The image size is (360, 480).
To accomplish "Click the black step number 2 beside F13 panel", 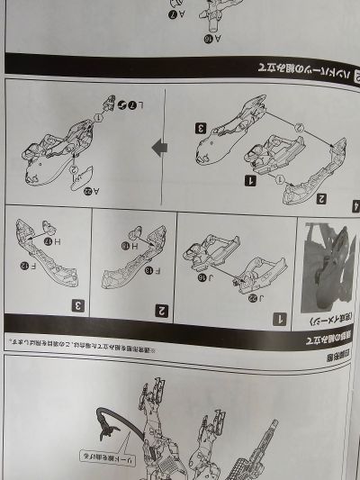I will point(163,310).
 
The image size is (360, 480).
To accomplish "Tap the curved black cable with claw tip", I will point(112,423).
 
